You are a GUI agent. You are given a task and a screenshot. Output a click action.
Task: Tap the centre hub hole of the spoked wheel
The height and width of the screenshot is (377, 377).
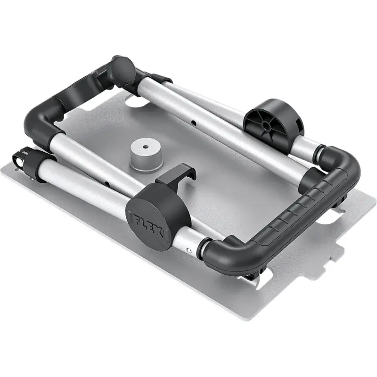265,125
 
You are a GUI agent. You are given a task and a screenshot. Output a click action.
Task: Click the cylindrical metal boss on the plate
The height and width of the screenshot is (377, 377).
146,155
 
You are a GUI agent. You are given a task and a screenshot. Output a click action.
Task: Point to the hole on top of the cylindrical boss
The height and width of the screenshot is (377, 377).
145,147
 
